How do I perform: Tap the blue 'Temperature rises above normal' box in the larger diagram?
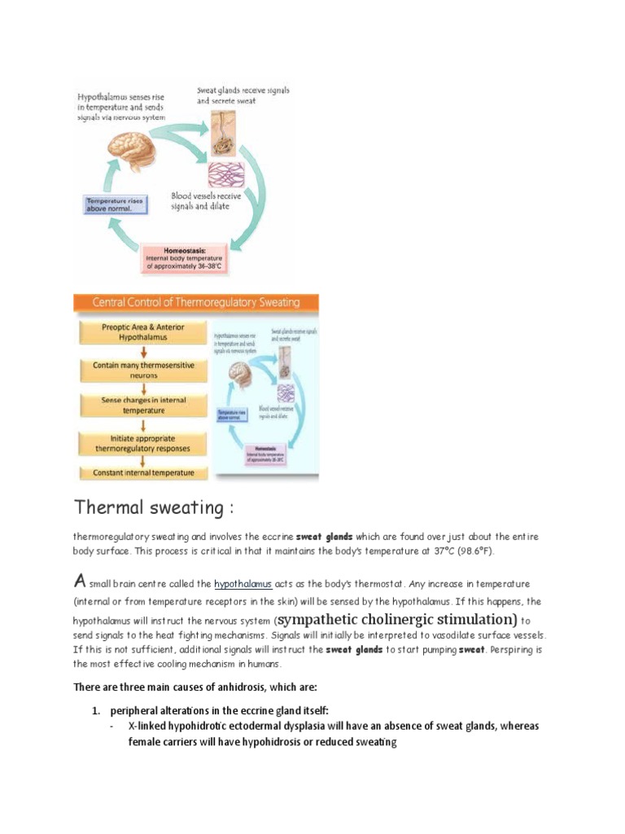116,204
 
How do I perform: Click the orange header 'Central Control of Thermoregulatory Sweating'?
196,303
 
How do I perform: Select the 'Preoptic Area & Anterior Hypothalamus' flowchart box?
142,332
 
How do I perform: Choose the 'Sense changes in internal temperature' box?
142,406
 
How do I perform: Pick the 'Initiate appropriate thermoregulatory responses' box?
142,442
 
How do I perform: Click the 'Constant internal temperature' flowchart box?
142,472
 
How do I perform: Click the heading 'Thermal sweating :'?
154,508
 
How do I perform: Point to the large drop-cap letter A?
79,582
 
